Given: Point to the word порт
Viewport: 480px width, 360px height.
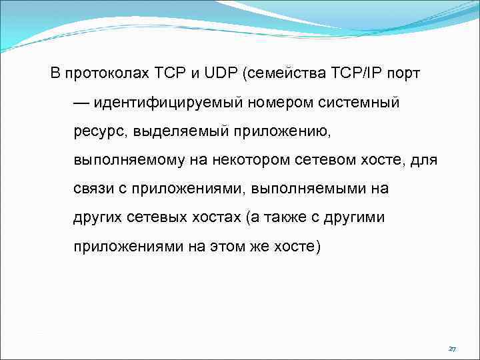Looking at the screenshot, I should (405, 73).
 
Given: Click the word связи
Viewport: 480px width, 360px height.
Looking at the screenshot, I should (92, 189).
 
